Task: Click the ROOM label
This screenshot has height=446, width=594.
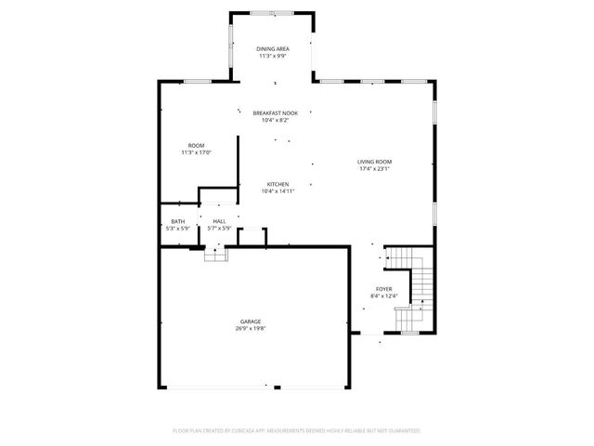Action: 196,145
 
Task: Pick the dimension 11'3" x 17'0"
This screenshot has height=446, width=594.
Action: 196,152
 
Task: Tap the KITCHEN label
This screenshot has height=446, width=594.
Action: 278,184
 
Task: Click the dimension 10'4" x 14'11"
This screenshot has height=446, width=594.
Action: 278,191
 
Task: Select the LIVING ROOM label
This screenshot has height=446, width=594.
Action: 375,162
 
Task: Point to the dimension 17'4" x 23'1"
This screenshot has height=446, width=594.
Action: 375,169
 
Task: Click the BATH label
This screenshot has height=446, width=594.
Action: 177,221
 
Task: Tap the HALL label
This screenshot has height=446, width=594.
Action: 219,221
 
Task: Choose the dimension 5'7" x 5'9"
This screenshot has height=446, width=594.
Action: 219,229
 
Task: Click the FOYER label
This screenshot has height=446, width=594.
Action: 383,289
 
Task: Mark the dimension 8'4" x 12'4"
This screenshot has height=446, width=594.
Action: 383,296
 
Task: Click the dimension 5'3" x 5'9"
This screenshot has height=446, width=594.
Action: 177,229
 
